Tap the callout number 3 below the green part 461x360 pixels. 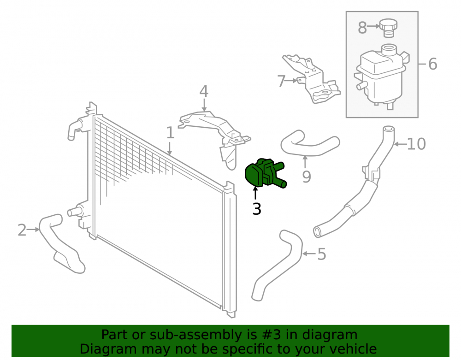click(257, 209)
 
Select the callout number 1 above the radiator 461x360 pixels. click(170, 133)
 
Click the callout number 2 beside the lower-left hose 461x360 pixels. click(22, 230)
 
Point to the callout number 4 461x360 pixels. click(204, 91)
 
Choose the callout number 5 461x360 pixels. click(322, 254)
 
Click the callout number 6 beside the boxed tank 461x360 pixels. click(432, 64)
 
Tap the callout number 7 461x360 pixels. click(281, 81)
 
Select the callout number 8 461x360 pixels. click(362, 28)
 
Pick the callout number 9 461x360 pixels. click(307, 177)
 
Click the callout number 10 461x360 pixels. click(416, 144)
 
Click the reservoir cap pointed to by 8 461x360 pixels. click(388, 28)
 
